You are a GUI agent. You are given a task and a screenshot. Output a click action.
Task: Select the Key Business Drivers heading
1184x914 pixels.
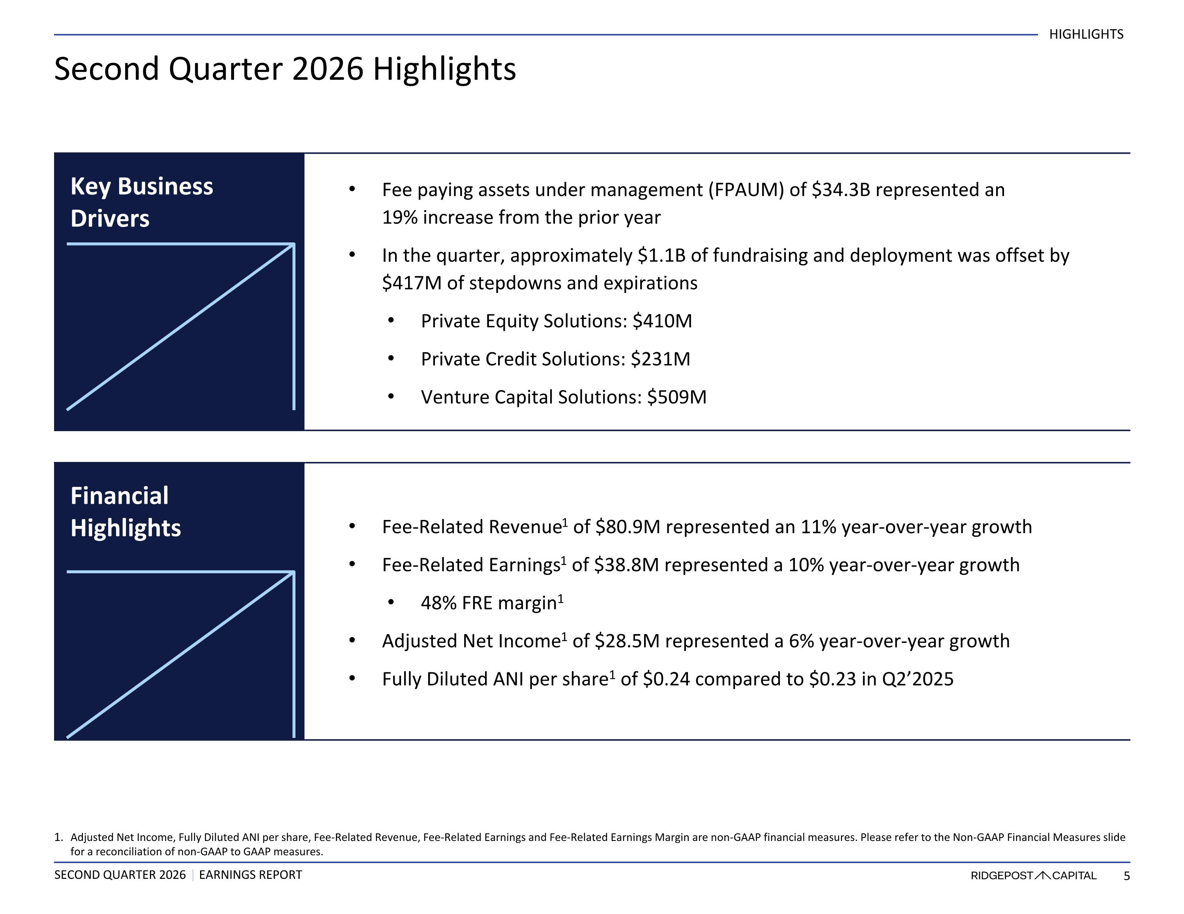point(142,202)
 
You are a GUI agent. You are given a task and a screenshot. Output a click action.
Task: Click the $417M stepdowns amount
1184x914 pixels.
point(412,283)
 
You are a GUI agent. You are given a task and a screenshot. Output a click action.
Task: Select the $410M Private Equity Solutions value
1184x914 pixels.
point(663,321)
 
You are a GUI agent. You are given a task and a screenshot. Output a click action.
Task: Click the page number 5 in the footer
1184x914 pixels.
point(1126,875)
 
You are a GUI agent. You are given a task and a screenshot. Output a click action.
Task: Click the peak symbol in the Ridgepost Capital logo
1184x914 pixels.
point(1042,875)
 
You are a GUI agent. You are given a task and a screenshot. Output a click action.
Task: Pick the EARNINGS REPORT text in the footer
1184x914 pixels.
point(251,875)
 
